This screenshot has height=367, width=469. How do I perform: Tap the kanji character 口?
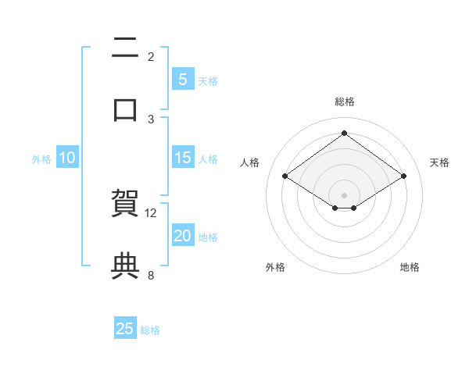click(x=125, y=110)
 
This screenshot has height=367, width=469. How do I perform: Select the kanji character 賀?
click(x=125, y=204)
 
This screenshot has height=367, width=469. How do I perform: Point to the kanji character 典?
click(x=125, y=265)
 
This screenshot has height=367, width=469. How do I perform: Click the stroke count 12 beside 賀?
click(x=151, y=212)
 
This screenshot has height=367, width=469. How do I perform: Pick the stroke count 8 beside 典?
click(x=151, y=275)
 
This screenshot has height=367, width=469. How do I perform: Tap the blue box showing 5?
click(x=182, y=80)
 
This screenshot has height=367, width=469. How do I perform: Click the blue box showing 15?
click(x=182, y=158)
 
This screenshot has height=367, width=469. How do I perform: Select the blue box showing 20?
click(x=182, y=236)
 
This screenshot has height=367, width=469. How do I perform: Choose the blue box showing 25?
click(x=125, y=329)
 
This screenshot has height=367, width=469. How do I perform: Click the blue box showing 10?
click(x=67, y=158)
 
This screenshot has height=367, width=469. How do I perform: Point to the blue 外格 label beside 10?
click(x=41, y=159)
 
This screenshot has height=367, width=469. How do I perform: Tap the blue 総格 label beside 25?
click(x=150, y=330)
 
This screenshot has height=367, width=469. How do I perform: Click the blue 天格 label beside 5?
click(x=208, y=81)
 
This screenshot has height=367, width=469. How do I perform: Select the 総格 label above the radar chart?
click(x=345, y=102)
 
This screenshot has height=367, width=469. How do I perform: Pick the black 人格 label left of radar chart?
click(x=250, y=162)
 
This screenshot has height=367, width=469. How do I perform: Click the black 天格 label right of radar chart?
click(x=439, y=162)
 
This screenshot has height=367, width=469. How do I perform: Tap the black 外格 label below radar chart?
click(x=275, y=267)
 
